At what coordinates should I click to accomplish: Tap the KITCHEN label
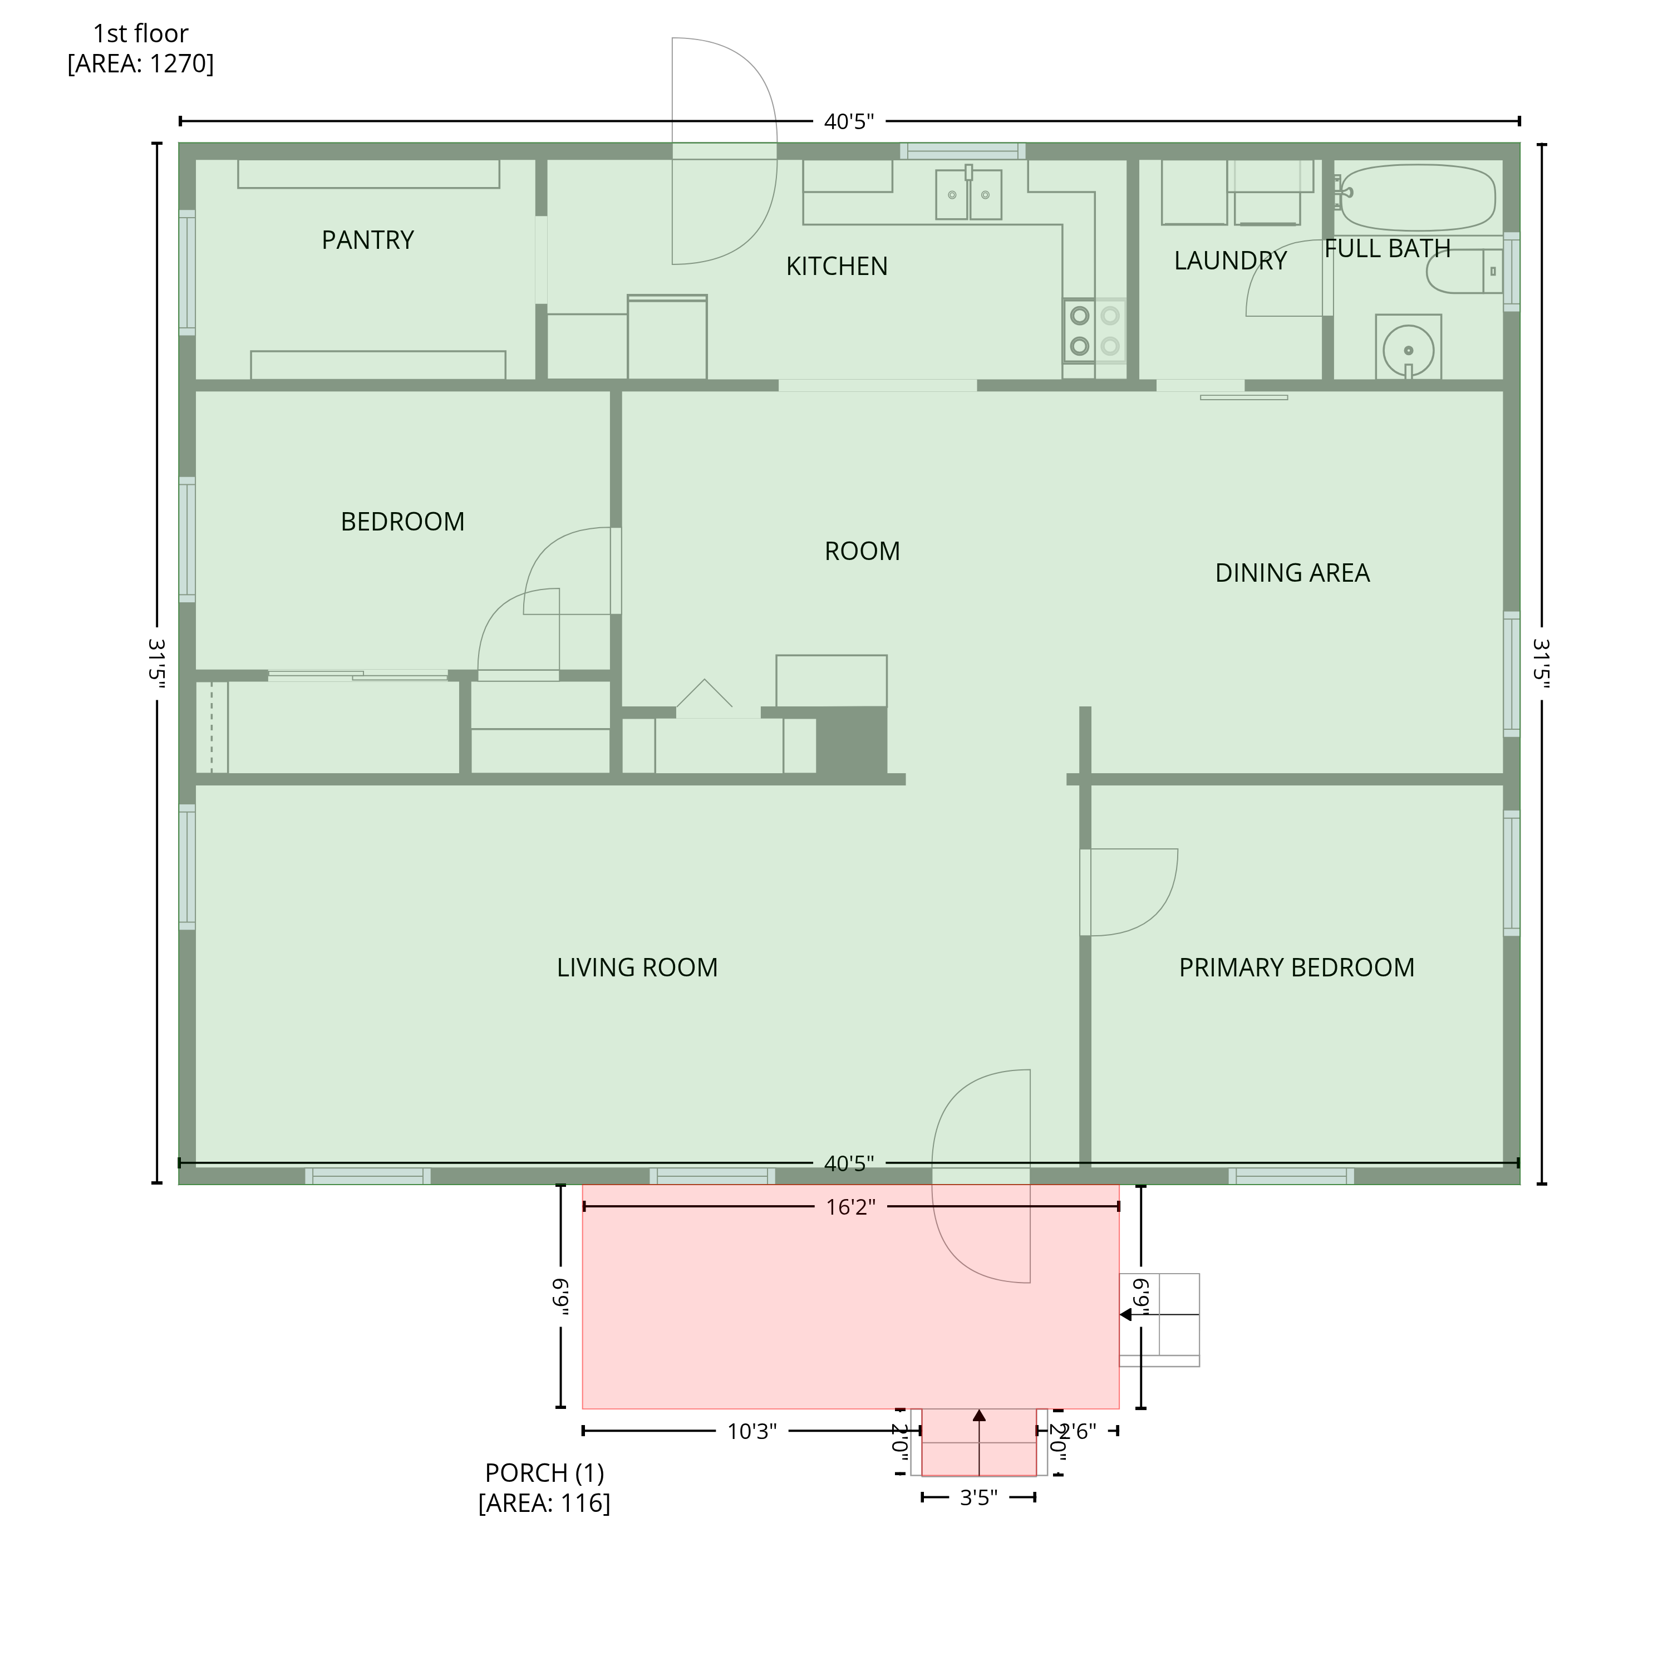pyautogui.click(x=837, y=266)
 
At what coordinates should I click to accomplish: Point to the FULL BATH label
pyautogui.click(x=1387, y=248)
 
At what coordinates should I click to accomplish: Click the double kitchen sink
pyautogui.click(x=968, y=194)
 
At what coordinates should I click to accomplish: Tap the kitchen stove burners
pyautogui.click(x=1095, y=330)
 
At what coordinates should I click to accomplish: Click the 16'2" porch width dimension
pyautogui.click(x=850, y=1207)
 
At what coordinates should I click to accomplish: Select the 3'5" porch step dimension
pyautogui.click(x=978, y=1497)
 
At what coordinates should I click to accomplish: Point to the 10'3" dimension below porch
pyautogui.click(x=752, y=1431)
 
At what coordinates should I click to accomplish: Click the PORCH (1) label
pyautogui.click(x=544, y=1472)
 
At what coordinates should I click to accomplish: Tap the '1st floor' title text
pyautogui.click(x=141, y=34)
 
